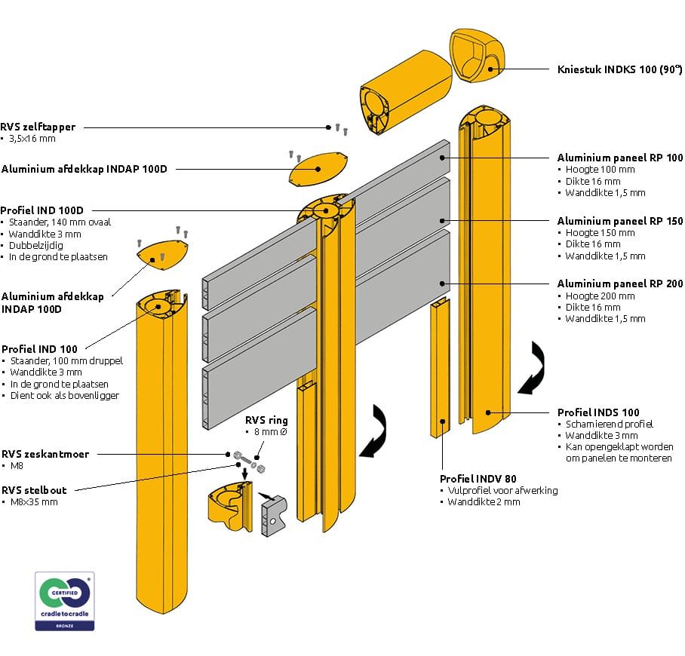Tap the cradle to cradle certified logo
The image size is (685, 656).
pyautogui.click(x=64, y=601)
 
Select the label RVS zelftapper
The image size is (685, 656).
pyautogui.click(x=38, y=127)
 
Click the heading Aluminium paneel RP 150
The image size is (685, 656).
pyautogui.click(x=620, y=221)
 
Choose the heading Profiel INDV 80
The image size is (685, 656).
pyautogui.click(x=478, y=478)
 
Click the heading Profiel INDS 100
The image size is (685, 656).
pyautogui.click(x=598, y=412)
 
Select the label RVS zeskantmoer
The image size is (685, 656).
pyautogui.click(x=45, y=454)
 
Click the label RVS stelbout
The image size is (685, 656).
pyautogui.click(x=34, y=490)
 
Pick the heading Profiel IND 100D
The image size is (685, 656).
pyautogui.click(x=42, y=210)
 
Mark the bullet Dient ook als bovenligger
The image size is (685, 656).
pyautogui.click(x=65, y=396)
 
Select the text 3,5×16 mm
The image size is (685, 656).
pyautogui.click(x=32, y=139)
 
